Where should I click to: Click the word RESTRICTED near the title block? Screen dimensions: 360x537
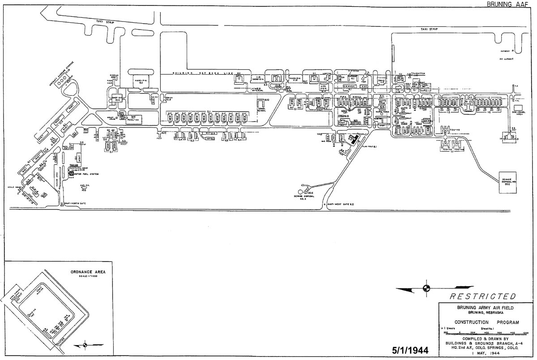coord(482,296)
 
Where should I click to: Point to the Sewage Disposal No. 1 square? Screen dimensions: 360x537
coord(507,182)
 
